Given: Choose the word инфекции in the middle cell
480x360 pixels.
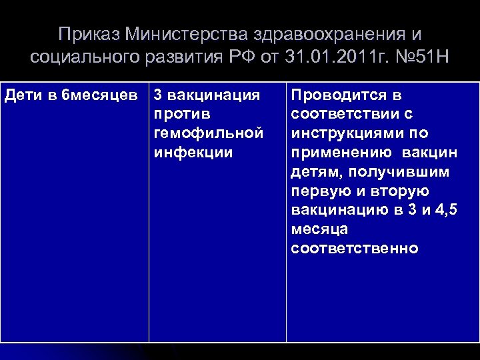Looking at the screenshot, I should click(193, 153).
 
